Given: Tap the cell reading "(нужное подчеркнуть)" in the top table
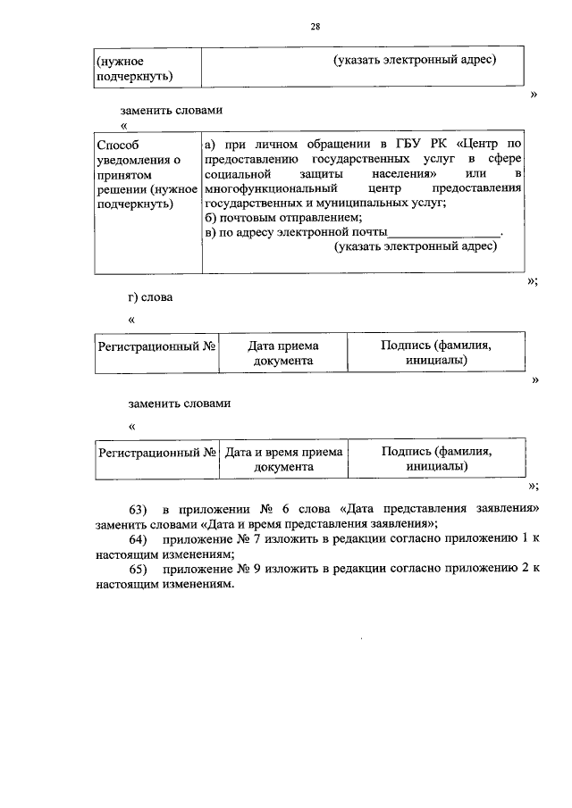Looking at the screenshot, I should pyautogui.click(x=133, y=68).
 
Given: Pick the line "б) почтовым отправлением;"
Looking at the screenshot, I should pyautogui.click(x=283, y=219).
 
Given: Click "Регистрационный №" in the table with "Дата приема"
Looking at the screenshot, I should pyautogui.click(x=157, y=346).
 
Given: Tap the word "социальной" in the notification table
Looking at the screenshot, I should pyautogui.click(x=233, y=173).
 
